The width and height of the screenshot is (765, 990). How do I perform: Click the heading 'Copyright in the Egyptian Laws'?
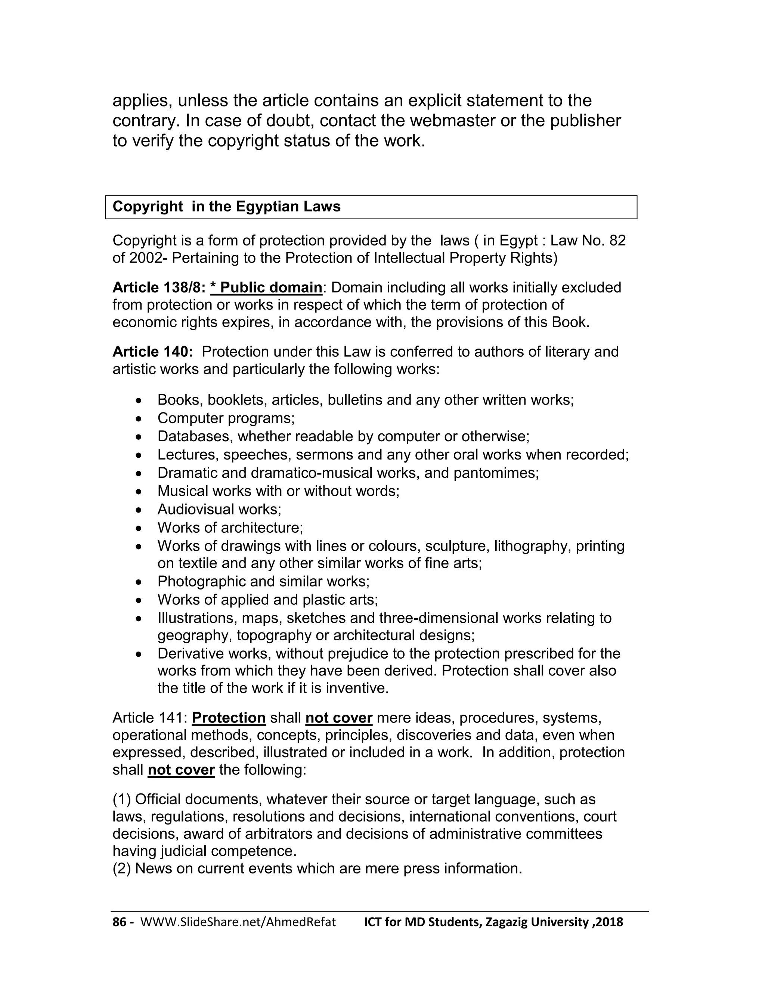pyautogui.click(x=226, y=207)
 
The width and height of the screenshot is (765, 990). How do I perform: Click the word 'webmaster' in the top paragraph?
pyautogui.click(x=451, y=121)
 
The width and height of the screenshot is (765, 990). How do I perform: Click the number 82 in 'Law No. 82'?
pyautogui.click(x=617, y=241)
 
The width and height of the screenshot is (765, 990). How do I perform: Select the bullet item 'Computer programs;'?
pyautogui.click(x=226, y=418)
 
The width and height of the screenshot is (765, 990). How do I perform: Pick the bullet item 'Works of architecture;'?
pyautogui.click(x=230, y=528)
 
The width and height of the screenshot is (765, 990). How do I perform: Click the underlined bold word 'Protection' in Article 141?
pyautogui.click(x=229, y=718)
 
